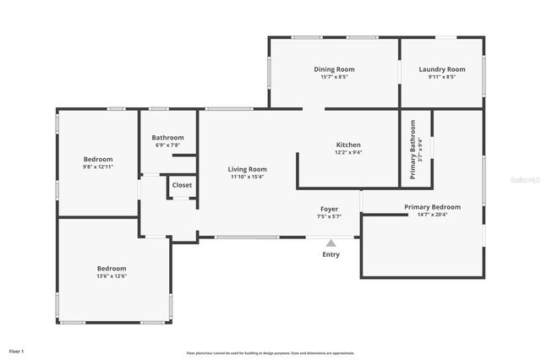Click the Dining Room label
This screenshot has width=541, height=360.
pyautogui.click(x=334, y=69)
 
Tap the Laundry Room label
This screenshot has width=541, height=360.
pyautogui.click(x=441, y=69)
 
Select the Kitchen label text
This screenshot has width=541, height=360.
pyautogui.click(x=348, y=145)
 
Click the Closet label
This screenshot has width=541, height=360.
pyautogui.click(x=182, y=185)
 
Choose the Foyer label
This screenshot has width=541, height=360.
pyautogui.click(x=329, y=209)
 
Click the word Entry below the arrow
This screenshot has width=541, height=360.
pyautogui.click(x=331, y=254)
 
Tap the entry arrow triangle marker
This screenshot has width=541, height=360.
pyautogui.click(x=331, y=242)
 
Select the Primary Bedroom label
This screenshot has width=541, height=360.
pyautogui.click(x=432, y=207)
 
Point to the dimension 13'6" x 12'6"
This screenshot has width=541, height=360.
pyautogui.click(x=111, y=275)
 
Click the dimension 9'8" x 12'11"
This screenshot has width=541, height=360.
pyautogui.click(x=97, y=166)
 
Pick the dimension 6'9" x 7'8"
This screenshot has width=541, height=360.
pyautogui.click(x=167, y=145)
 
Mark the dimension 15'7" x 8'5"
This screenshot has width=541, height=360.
pyautogui.click(x=334, y=77)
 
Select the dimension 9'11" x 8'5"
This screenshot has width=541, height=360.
pyautogui.click(x=441, y=77)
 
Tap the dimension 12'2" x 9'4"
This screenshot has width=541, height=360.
pyautogui.click(x=348, y=152)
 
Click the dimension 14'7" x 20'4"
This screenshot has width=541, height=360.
pyautogui.click(x=432, y=215)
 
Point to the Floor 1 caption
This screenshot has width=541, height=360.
pyautogui.click(x=16, y=351)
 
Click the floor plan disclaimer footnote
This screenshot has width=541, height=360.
pyautogui.click(x=270, y=353)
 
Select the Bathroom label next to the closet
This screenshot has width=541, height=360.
pyautogui.click(x=167, y=138)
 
